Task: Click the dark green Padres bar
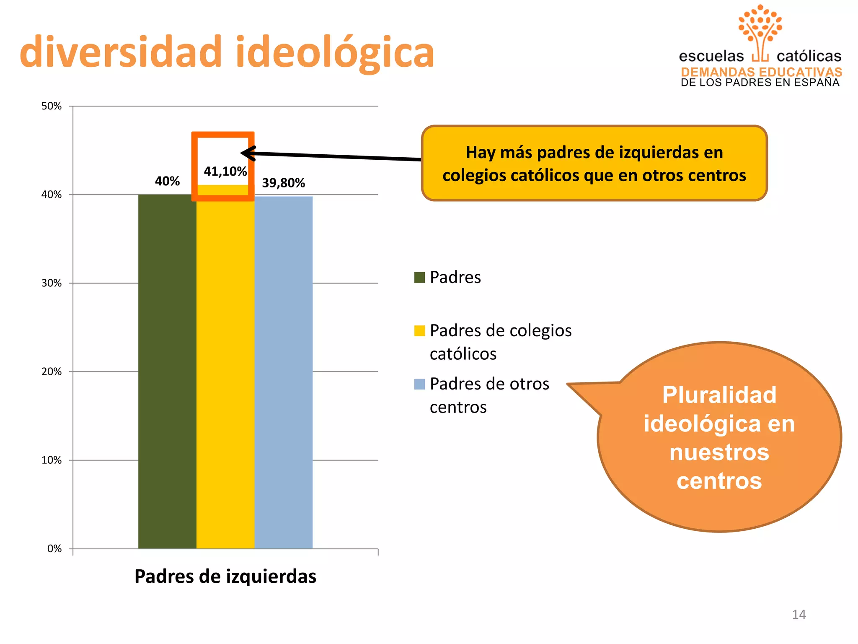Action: [167, 371]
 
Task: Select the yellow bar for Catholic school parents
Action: [225, 371]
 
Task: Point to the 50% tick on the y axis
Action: [52, 106]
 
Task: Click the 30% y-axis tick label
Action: [52, 283]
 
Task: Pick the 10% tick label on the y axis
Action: [52, 460]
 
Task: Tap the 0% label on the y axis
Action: [54, 548]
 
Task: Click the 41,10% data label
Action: [225, 171]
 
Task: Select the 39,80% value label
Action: [284, 183]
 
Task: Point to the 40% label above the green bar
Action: [167, 181]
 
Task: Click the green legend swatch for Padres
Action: [419, 278]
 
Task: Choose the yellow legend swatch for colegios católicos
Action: [419, 331]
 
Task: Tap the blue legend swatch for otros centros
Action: [419, 384]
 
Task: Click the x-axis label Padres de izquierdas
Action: [225, 576]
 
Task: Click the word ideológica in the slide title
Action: [335, 52]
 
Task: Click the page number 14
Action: [799, 615]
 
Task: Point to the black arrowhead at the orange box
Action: [247, 153]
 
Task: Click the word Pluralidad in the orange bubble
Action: [719, 395]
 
